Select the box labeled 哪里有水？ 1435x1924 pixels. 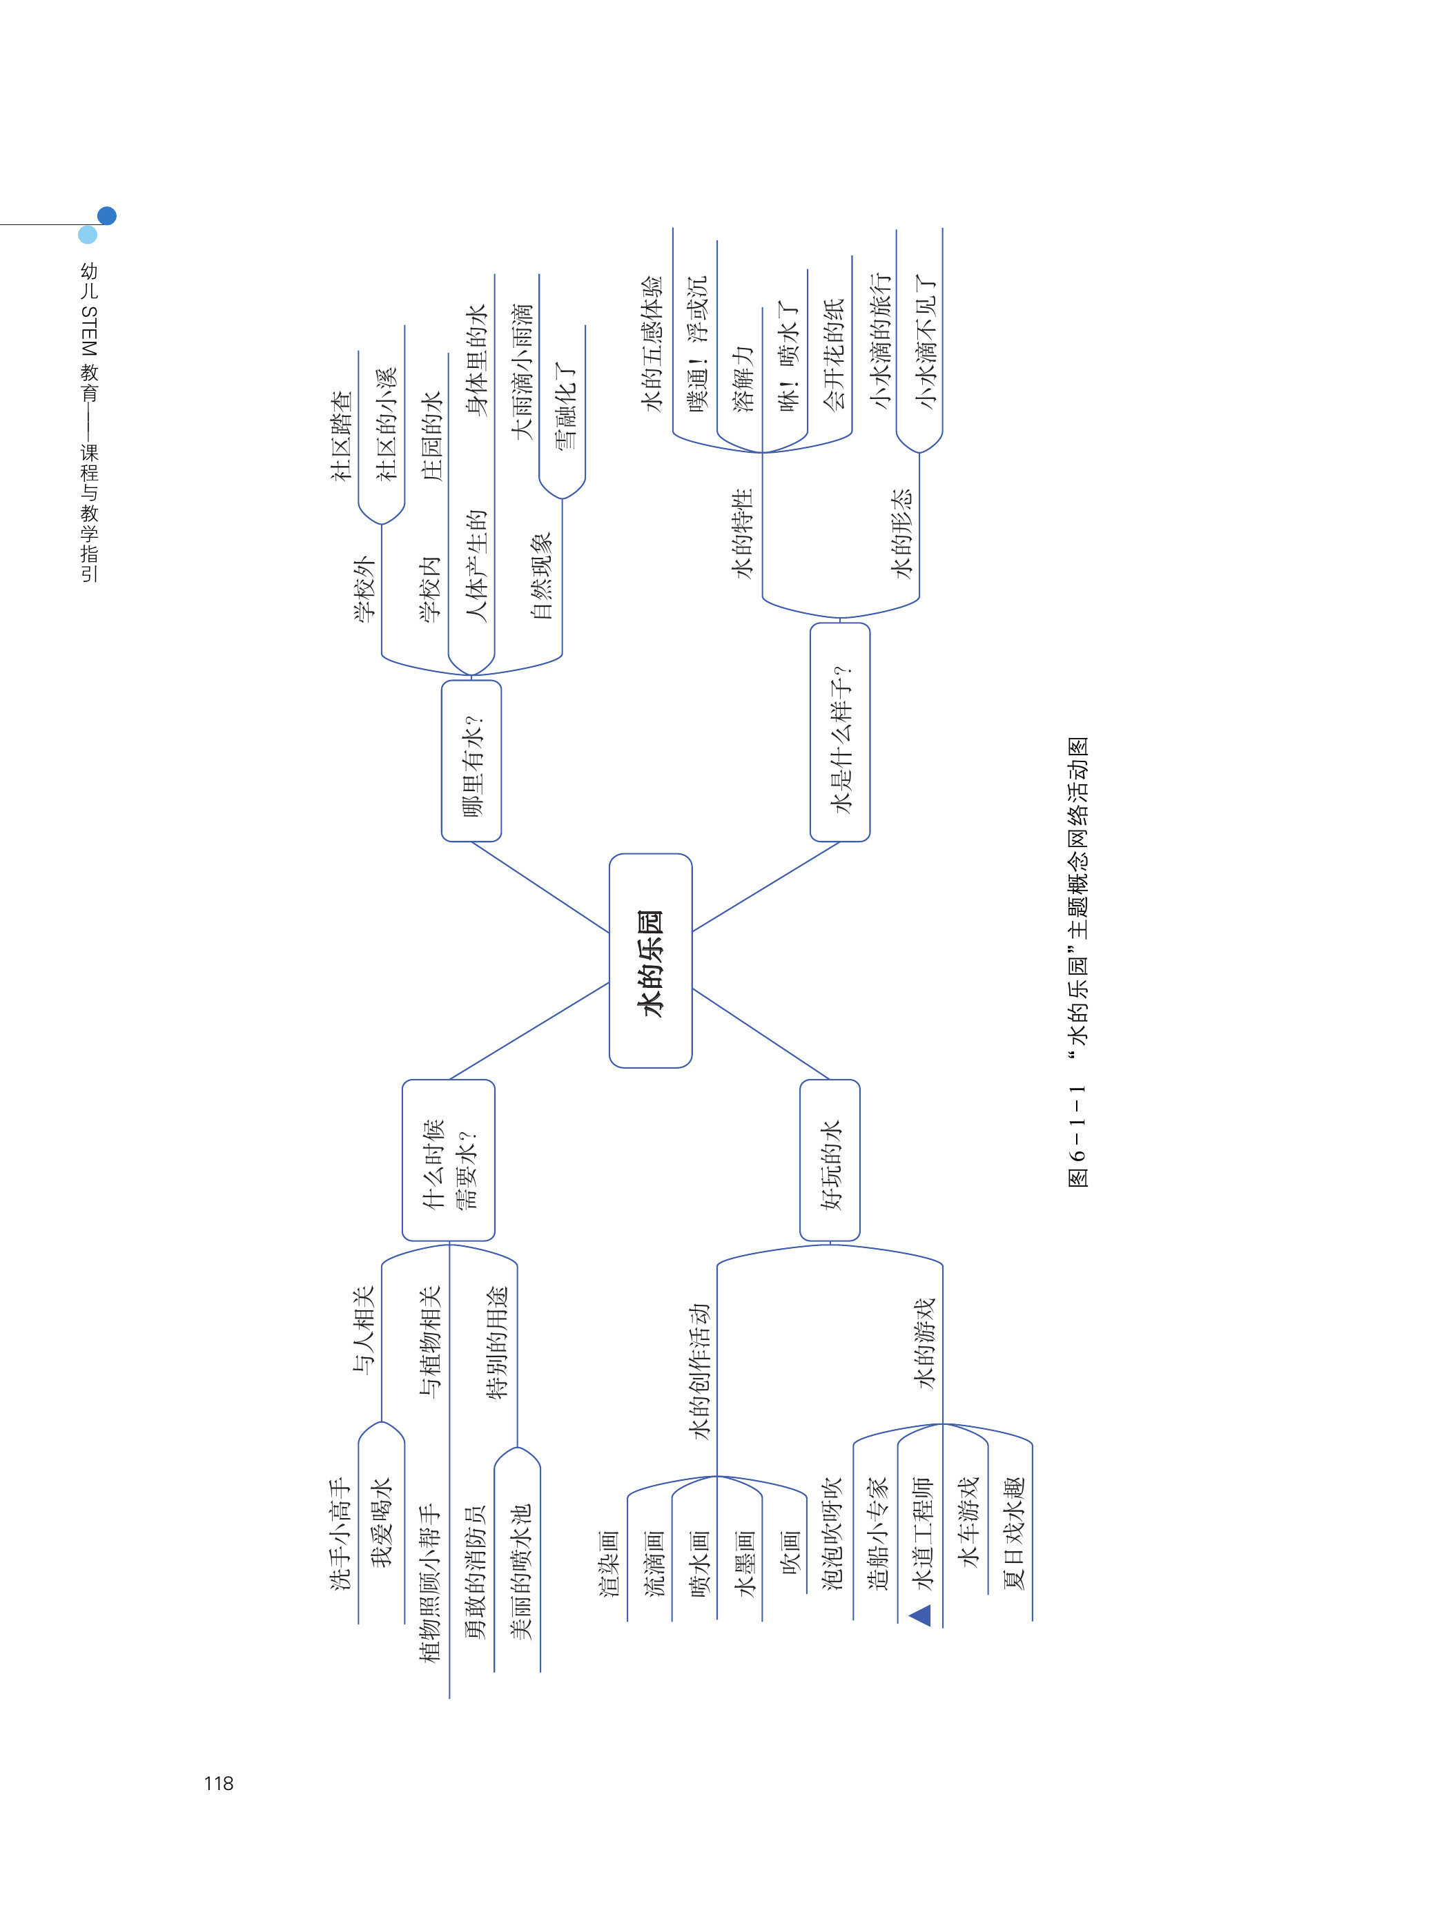[471, 761]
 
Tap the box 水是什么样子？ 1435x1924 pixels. [839, 732]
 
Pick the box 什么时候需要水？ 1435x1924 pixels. [448, 1160]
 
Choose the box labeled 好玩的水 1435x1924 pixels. [830, 1160]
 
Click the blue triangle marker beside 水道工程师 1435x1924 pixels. [920, 1615]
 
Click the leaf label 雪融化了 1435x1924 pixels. [564, 407]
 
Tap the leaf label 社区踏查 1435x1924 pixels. [342, 435]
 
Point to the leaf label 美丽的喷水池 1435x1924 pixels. [518, 1572]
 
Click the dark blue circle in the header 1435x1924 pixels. [107, 215]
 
